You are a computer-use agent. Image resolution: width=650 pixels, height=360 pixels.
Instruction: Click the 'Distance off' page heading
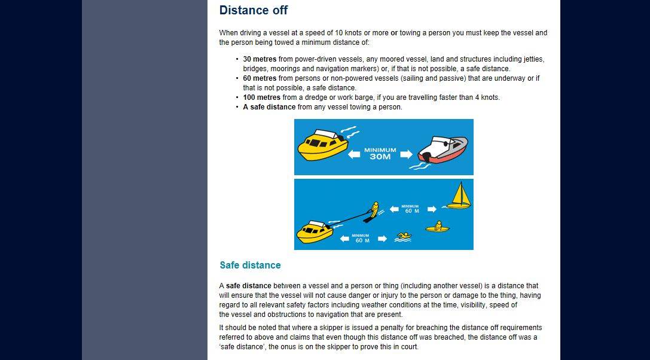[254, 10]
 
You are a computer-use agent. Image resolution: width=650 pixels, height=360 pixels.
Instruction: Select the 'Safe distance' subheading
[250, 265]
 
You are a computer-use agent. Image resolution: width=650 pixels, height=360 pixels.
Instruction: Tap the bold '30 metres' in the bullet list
[260, 59]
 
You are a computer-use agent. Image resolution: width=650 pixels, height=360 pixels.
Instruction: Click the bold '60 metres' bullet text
[260, 78]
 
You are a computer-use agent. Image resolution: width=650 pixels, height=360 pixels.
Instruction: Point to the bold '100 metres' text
[261, 97]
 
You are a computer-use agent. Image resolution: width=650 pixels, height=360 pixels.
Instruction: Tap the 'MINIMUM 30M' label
[380, 154]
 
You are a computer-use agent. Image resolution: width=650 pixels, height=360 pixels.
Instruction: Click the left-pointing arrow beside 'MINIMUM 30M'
[354, 154]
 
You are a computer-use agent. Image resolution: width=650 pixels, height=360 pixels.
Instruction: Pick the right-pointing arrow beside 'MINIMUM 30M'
[407, 154]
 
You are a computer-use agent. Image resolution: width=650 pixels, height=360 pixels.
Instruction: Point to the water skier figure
[374, 212]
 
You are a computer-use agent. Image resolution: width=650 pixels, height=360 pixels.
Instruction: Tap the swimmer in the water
[403, 237]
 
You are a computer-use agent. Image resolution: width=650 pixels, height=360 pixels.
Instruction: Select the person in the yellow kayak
[438, 227]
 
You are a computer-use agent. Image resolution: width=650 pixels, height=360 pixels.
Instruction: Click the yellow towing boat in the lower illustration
[315, 231]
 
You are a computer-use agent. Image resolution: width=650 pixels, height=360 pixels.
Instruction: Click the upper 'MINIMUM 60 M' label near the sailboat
[411, 209]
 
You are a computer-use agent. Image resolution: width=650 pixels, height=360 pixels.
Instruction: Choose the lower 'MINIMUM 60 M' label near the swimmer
[361, 239]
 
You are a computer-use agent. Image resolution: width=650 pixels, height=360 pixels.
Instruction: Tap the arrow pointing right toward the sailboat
[432, 209]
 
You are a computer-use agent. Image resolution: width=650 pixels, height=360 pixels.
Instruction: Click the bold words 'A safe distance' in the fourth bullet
[269, 107]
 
